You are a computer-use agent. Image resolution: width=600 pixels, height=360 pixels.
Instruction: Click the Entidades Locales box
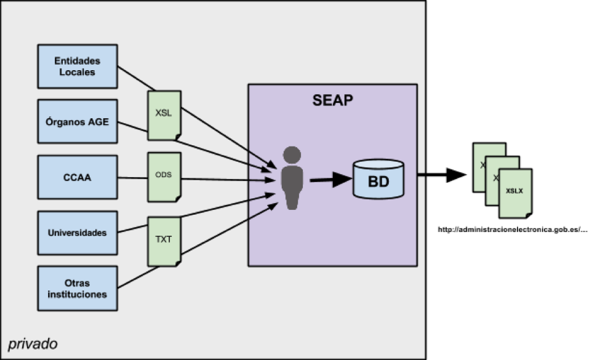tap(77, 66)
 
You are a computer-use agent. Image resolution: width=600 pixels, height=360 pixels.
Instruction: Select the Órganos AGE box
tap(77, 121)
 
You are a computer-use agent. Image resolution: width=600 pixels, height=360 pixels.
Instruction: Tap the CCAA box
tap(77, 177)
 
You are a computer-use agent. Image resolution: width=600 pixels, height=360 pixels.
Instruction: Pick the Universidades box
tap(77, 233)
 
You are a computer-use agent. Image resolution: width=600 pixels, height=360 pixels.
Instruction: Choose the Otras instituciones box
tap(77, 288)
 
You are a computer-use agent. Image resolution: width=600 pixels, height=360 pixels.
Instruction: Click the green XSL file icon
tap(164, 114)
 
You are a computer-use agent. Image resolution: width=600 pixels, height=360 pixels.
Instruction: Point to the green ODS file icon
tap(164, 177)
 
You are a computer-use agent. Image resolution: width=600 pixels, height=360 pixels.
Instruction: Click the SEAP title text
tap(332, 100)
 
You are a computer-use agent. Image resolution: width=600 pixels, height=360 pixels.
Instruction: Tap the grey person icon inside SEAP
tap(292, 178)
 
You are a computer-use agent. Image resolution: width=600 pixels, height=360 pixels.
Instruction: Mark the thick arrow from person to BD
tap(329, 180)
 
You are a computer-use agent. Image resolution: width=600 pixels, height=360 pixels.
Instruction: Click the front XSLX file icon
tap(515, 193)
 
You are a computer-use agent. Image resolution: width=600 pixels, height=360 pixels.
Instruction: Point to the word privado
tap(33, 343)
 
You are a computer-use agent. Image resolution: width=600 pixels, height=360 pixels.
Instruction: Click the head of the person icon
tap(292, 154)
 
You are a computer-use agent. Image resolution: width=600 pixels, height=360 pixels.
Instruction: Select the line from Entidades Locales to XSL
tap(133, 76)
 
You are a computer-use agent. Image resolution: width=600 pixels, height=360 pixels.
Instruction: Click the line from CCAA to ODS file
tap(132, 178)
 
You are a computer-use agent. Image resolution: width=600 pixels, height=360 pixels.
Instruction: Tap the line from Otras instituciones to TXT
tap(132, 279)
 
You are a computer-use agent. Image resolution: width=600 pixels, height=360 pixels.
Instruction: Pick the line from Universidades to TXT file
tap(132, 228)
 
